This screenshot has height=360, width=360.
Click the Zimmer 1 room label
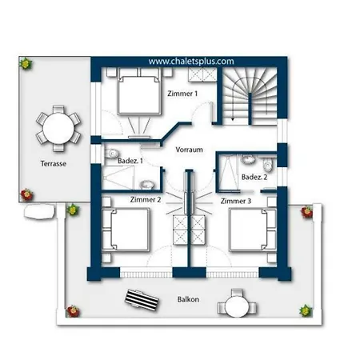click(x=182, y=94)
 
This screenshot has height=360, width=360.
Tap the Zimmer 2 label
click(x=146, y=199)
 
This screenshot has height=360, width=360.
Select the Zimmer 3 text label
click(x=236, y=201)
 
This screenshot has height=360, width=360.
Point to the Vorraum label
click(x=189, y=150)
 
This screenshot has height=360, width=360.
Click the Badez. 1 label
click(x=130, y=161)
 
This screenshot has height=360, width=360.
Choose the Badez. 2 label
click(x=254, y=177)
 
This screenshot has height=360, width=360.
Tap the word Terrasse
click(x=54, y=163)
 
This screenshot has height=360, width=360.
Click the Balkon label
click(x=188, y=299)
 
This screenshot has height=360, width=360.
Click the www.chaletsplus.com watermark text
click(x=191, y=62)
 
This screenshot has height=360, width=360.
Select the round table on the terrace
click(x=58, y=129)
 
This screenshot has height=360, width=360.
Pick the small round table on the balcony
click(x=237, y=306)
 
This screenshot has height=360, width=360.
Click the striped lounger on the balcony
click(x=142, y=300)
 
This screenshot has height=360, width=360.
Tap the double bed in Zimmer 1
click(x=139, y=91)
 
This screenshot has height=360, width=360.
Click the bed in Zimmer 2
click(x=126, y=230)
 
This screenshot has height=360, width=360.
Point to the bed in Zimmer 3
click(x=253, y=230)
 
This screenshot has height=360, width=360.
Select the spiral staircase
click(x=250, y=95)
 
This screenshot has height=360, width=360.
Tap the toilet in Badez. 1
click(x=112, y=154)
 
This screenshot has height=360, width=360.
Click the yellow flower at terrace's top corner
click(x=26, y=63)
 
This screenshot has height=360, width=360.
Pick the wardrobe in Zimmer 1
click(x=202, y=74)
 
